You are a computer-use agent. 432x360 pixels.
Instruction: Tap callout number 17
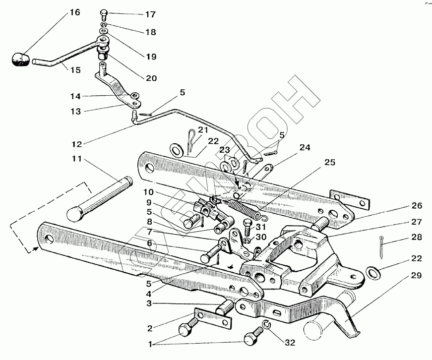(150, 14)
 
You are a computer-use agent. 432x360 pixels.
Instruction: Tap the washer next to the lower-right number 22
(371, 271)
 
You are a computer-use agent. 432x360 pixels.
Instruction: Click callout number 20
(151, 78)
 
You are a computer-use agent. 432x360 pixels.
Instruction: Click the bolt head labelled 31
(248, 230)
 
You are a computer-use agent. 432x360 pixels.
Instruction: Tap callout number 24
(305, 147)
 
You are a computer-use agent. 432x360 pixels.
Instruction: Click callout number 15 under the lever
(74, 70)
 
